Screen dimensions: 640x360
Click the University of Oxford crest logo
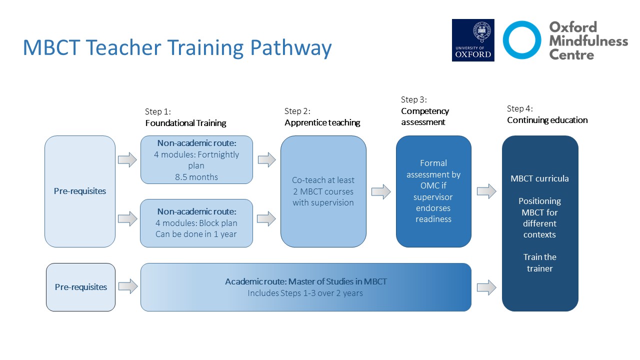[x=473, y=40]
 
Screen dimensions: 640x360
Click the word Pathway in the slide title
[x=291, y=47]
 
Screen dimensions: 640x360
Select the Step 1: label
[x=157, y=111]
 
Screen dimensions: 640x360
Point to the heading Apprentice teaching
[x=322, y=122]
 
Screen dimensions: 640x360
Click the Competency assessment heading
[x=425, y=116]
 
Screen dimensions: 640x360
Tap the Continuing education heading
[x=547, y=120]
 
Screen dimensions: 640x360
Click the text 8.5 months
[x=196, y=177]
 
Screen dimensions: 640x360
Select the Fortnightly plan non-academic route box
[x=196, y=159]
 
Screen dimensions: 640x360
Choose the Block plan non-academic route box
[x=196, y=223]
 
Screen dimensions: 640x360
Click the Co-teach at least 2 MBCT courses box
[x=323, y=191]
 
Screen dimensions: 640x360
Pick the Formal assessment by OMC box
[x=433, y=191]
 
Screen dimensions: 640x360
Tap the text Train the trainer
[x=539, y=263]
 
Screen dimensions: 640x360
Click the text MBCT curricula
[x=539, y=178]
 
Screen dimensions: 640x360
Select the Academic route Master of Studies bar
[x=306, y=287]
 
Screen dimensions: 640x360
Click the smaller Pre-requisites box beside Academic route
[x=81, y=287]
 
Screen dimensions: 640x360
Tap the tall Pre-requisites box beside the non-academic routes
[x=80, y=191]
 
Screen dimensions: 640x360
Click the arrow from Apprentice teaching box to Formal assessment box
[x=381, y=191]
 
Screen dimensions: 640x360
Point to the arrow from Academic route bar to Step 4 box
[x=486, y=287]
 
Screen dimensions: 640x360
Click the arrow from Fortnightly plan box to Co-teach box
[x=267, y=159]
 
